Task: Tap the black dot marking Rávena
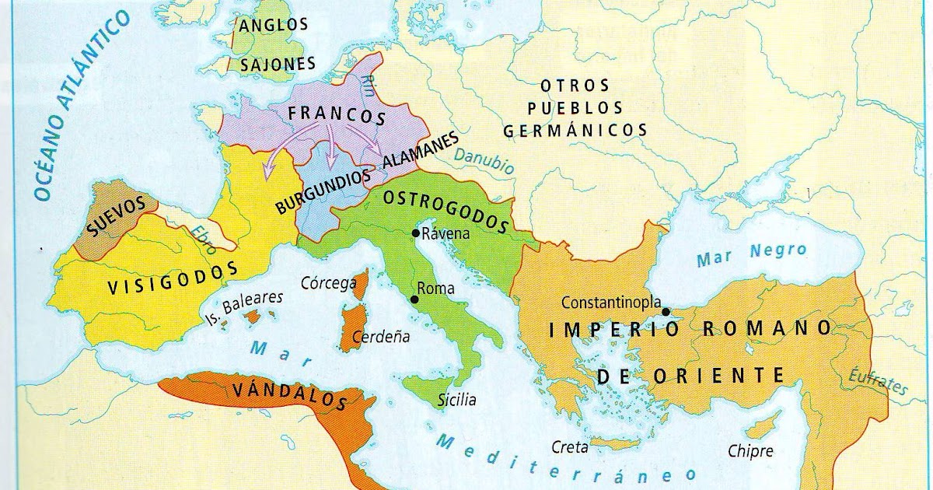point(417,233)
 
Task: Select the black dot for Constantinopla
point(666,311)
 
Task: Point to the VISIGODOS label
point(173,278)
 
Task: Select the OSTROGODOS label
point(445,211)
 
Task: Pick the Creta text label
point(569,446)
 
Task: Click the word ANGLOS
point(274,25)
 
